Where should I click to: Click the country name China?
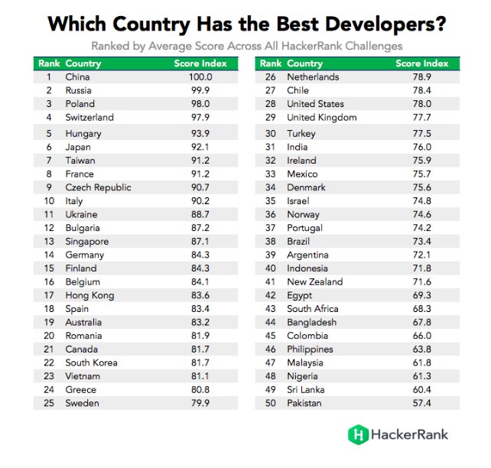point(78,77)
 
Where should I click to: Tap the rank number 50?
point(270,402)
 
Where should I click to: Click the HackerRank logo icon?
point(358,434)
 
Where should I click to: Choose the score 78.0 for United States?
point(421,104)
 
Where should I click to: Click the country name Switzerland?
point(89,118)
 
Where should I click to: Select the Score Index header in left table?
point(198,63)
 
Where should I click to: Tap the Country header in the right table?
point(305,63)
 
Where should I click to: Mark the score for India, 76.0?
point(421,148)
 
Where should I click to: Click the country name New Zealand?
point(315,281)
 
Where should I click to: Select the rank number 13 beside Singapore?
point(48,242)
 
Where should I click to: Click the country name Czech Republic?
point(98,187)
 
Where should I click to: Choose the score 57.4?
point(421,402)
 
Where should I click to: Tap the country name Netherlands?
point(313,77)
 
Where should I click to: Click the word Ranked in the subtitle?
point(111,46)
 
